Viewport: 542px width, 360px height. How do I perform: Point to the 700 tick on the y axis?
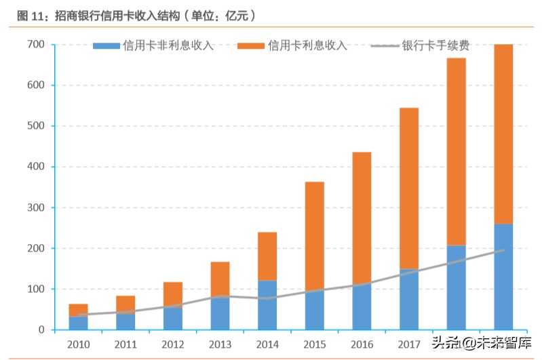tap(35, 45)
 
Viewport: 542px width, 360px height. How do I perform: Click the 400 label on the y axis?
tap(35, 167)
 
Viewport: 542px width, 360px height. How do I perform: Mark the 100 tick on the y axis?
tap(35, 289)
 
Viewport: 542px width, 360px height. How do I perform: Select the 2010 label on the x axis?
tap(78, 343)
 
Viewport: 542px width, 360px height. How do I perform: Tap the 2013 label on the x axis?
tap(220, 343)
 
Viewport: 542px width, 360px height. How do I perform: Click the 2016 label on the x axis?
tap(362, 343)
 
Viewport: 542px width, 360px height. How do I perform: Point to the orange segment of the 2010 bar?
tap(78, 310)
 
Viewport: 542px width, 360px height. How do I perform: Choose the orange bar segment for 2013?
tap(220, 279)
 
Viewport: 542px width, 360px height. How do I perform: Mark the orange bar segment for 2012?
tap(172, 295)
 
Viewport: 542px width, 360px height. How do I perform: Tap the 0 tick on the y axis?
tap(41, 330)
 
